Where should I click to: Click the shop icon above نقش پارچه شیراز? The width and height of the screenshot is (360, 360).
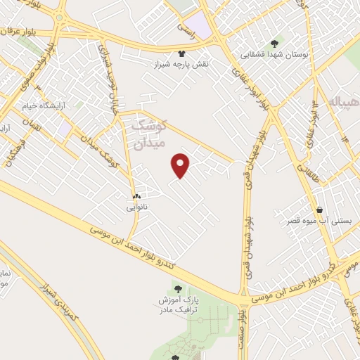pyautogui.click(x=183, y=53)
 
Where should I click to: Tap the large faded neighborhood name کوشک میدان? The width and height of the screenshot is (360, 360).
pyautogui.click(x=148, y=134)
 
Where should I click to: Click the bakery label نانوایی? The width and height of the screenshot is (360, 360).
pyautogui.click(x=136, y=207)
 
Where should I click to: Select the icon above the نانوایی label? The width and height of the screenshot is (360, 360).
pyautogui.click(x=136, y=196)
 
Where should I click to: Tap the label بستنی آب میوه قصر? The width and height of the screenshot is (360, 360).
pyautogui.click(x=320, y=221)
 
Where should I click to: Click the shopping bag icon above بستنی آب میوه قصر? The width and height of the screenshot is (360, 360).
pyautogui.click(x=320, y=210)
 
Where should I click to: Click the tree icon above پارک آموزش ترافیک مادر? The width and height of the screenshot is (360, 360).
pyautogui.click(x=176, y=288)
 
